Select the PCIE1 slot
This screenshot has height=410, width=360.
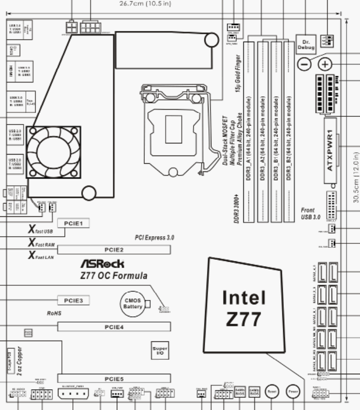click(x=74, y=223)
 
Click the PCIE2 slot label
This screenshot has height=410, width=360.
click(x=114, y=249)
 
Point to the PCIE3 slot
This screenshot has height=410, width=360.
click(x=74, y=300)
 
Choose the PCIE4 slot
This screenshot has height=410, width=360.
click(x=114, y=327)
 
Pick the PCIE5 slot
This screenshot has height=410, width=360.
click(x=114, y=379)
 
